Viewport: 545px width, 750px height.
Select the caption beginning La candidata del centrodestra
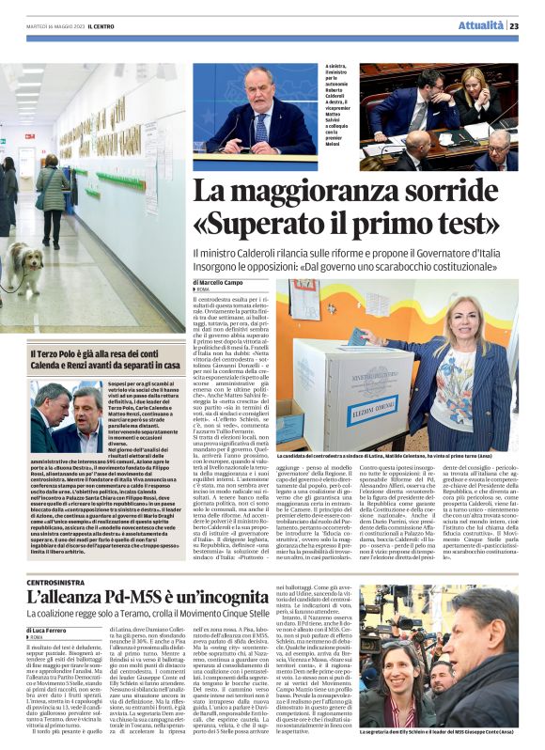pos(396,454)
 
